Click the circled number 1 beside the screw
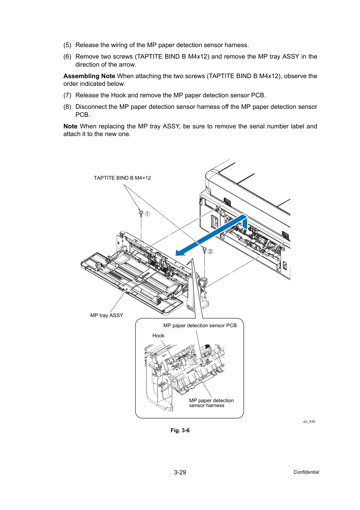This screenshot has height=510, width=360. point(147,214)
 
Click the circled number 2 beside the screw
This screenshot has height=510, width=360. point(210,252)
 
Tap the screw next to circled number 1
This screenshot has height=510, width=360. point(141,213)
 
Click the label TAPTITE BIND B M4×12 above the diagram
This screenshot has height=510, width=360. point(122,178)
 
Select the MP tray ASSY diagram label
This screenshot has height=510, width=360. point(107,315)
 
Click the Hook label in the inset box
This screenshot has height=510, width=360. point(158,335)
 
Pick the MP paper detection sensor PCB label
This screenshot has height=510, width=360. point(200,325)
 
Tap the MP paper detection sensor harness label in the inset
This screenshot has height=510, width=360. point(211,403)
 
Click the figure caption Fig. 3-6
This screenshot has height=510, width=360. point(180,430)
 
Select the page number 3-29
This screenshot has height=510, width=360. point(180,472)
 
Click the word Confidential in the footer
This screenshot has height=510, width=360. point(306,472)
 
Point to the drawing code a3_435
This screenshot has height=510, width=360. point(309,421)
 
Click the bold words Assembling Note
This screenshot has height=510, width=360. point(89,76)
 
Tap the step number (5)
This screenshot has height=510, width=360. point(67,45)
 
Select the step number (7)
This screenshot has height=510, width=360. point(67,95)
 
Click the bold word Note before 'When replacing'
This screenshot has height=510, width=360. point(70,126)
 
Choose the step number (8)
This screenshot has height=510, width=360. point(67,107)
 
